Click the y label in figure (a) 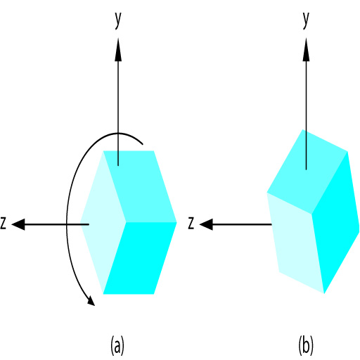coord(118,20)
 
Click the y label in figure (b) coord(306,20)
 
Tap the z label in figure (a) coord(3,223)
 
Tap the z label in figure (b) coord(191,223)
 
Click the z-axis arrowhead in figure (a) coord(18,224)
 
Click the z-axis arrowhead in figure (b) coord(206,224)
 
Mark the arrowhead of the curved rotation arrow coord(91,301)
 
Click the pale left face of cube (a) coord(103,222)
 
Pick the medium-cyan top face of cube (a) coord(140,186)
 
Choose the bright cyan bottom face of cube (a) coord(140,258)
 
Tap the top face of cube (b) coord(307,172)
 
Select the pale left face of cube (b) coord(296,243)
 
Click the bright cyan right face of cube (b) coord(335,223)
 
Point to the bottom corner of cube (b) coord(324,293)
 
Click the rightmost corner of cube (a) coord(176,222)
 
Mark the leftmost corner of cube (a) coord(80,222)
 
